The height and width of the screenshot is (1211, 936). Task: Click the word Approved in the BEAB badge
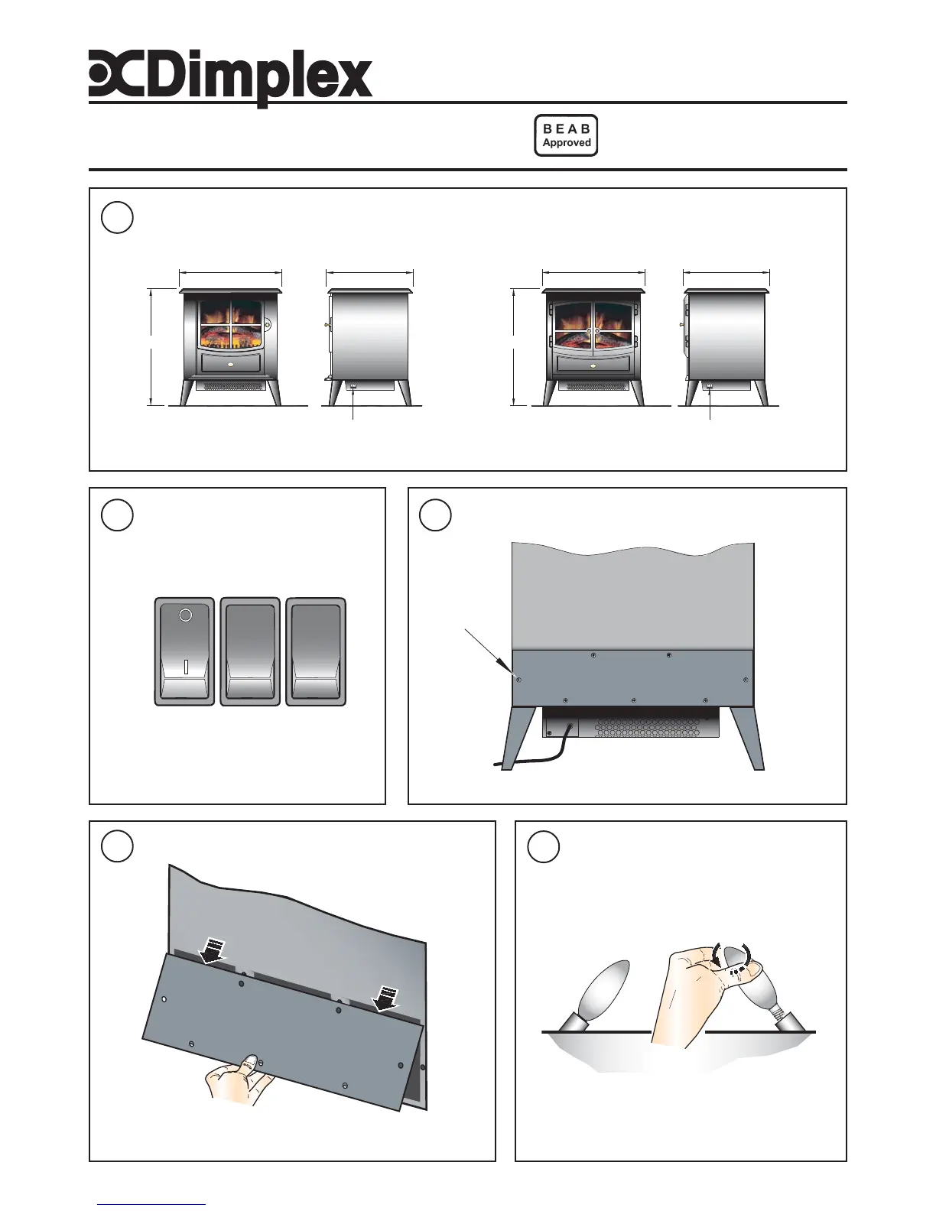(x=566, y=143)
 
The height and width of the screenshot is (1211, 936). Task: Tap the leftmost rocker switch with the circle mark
(x=184, y=651)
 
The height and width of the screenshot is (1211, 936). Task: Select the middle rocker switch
(x=250, y=651)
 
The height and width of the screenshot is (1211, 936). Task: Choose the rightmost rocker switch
(x=315, y=651)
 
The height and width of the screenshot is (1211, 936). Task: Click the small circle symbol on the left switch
(x=184, y=615)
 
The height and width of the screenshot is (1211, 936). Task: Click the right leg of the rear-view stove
(x=746, y=738)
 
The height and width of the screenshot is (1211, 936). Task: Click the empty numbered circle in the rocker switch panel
(x=118, y=516)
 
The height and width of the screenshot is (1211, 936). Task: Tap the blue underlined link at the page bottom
(x=151, y=1203)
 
